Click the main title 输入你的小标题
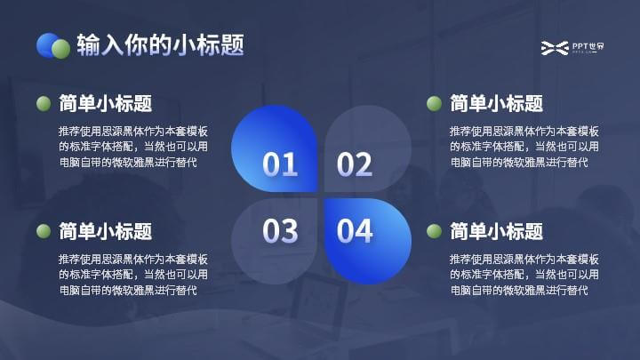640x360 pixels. pyautogui.click(x=160, y=44)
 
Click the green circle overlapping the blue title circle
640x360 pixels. pyautogui.click(x=61, y=49)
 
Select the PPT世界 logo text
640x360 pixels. pyautogui.click(x=588, y=46)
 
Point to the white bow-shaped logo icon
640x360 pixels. pyautogui.click(x=555, y=48)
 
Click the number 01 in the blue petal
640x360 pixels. pyautogui.click(x=280, y=164)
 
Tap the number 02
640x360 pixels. pyautogui.click(x=355, y=164)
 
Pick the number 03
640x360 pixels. pyautogui.click(x=280, y=231)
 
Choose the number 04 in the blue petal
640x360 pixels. pyautogui.click(x=355, y=231)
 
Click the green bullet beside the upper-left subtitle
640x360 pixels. pyautogui.click(x=44, y=103)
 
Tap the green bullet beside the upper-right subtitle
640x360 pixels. pyautogui.click(x=434, y=103)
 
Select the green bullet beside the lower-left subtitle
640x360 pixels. pyautogui.click(x=44, y=231)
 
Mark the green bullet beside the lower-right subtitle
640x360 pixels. pyautogui.click(x=434, y=231)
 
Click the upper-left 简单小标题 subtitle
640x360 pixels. pyautogui.click(x=105, y=103)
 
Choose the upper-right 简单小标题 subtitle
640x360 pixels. pyautogui.click(x=496, y=103)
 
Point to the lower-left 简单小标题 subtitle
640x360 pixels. pyautogui.click(x=105, y=231)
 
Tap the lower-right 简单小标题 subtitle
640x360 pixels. pyautogui.click(x=496, y=231)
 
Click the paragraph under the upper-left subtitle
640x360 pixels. pyautogui.click(x=133, y=147)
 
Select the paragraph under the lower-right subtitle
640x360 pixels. pyautogui.click(x=524, y=275)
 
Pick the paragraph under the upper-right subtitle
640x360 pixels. pyautogui.click(x=524, y=147)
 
